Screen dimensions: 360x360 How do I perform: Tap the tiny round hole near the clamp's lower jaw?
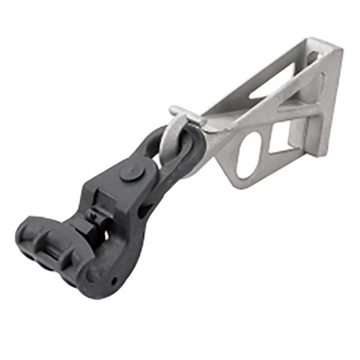pyautogui.click(x=113, y=280)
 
